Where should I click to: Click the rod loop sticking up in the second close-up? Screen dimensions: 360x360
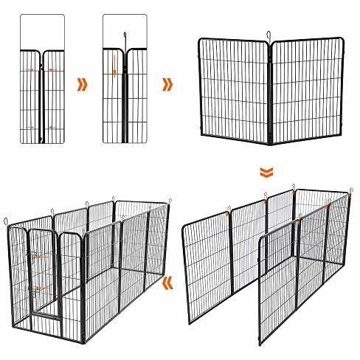[x=125, y=36]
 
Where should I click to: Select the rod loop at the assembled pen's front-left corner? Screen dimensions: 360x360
[x=7, y=220]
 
